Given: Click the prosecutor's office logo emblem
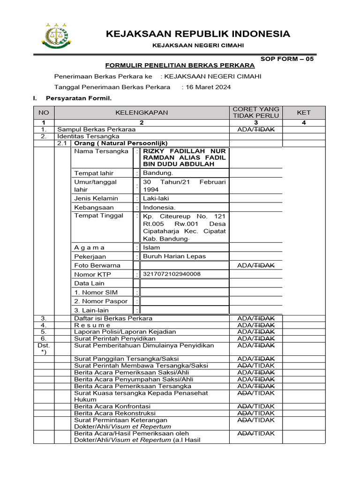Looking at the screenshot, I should point(56,36).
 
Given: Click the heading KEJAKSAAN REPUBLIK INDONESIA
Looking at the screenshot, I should point(197,34).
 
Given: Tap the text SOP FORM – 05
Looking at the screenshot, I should point(287,59).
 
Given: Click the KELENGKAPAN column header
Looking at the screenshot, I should point(142,112).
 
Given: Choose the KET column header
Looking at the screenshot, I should point(303,112).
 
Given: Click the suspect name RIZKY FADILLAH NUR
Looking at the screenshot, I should point(184,151).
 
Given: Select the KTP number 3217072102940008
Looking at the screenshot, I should point(172,274).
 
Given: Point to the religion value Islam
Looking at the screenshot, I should point(151,247).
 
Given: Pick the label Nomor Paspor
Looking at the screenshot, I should point(101,301).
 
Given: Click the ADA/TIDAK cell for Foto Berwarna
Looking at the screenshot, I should point(255,265).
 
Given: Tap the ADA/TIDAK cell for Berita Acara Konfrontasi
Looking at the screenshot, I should point(255,406).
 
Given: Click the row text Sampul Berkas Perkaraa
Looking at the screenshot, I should point(96,129).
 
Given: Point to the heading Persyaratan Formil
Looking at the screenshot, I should point(78,98).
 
